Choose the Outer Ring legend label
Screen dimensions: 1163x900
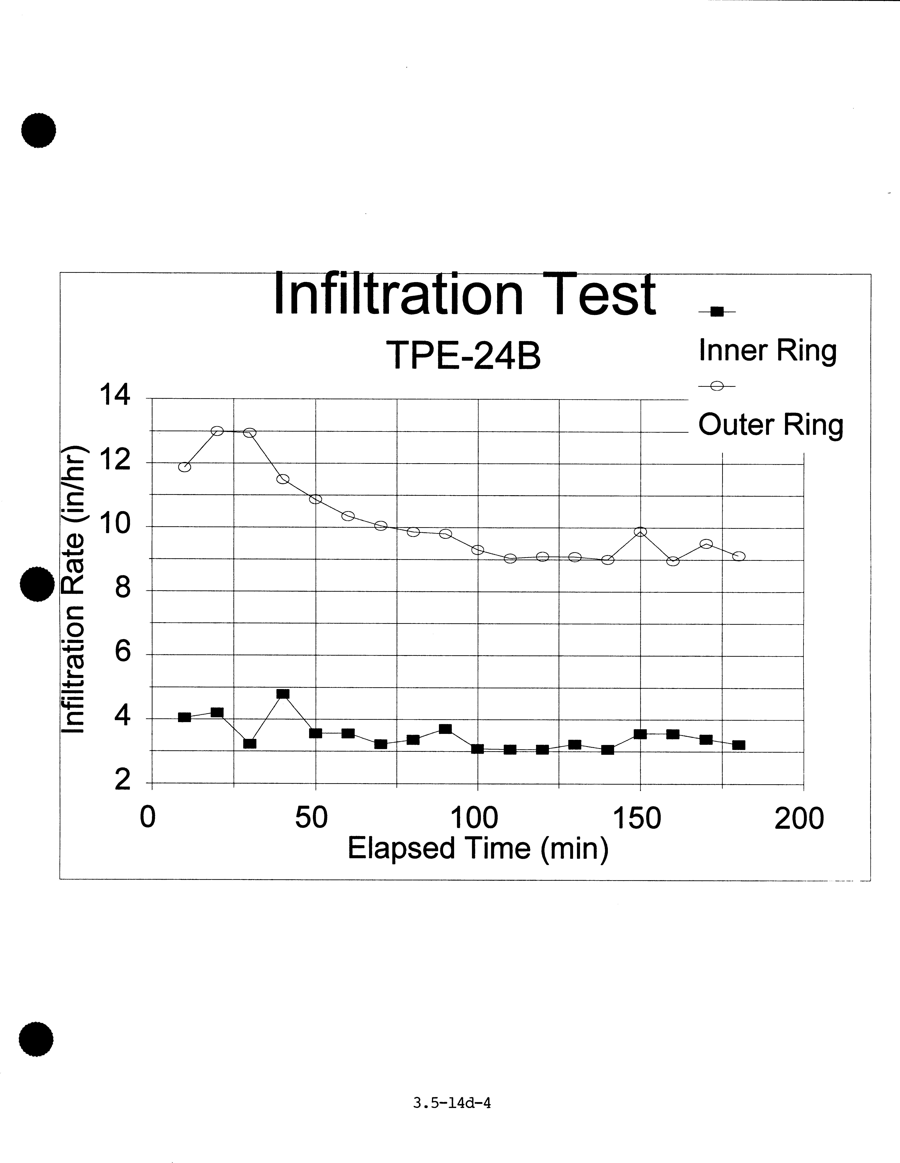click(x=771, y=425)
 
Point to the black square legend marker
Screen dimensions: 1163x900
click(x=717, y=312)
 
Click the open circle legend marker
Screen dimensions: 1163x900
click(x=717, y=387)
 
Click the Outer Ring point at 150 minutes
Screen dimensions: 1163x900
click(x=640, y=531)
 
